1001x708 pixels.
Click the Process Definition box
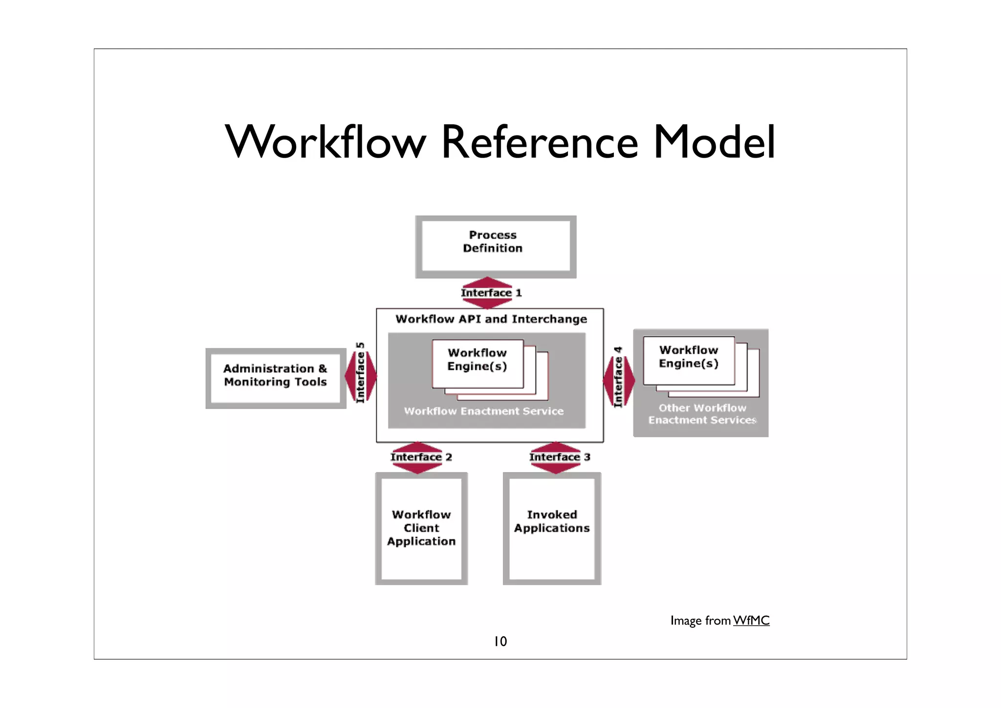click(495, 247)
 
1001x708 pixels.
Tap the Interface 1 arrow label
click(490, 293)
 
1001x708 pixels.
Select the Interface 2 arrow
click(420, 457)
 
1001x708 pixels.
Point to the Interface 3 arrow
click(559, 457)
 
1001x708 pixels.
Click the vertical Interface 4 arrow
click(618, 378)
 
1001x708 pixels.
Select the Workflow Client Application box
click(421, 528)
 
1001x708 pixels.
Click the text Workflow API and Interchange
click(491, 319)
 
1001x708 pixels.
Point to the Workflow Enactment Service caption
click(483, 411)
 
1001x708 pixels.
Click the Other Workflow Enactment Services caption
click(702, 414)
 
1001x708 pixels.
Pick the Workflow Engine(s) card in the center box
click(478, 363)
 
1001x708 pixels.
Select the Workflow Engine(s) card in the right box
click(688, 360)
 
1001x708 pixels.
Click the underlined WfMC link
click(751, 620)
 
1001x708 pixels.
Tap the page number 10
click(500, 641)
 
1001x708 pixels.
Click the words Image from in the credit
click(700, 620)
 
